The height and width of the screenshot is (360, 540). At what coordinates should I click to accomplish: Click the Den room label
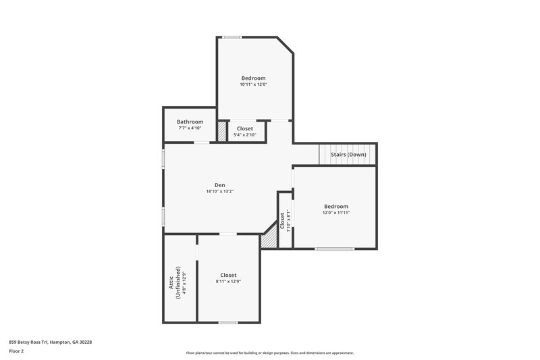(220, 184)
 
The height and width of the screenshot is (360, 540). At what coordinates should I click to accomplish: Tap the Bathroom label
(190, 122)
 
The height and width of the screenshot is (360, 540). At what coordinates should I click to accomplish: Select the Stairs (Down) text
(348, 155)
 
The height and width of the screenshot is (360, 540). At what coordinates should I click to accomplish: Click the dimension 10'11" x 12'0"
(253, 84)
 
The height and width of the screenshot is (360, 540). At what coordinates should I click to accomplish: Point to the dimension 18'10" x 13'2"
(220, 191)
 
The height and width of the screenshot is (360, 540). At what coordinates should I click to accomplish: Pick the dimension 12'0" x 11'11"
(335, 213)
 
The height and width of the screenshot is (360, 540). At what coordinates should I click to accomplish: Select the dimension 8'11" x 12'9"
(228, 281)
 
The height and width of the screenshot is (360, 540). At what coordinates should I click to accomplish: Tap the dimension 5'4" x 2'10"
(244, 134)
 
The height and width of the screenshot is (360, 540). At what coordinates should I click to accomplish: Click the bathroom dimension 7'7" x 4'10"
(190, 128)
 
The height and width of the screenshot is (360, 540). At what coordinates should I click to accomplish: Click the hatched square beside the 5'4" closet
(221, 130)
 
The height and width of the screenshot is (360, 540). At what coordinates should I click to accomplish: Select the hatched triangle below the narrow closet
(270, 238)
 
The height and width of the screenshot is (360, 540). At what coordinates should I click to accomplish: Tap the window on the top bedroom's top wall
(233, 37)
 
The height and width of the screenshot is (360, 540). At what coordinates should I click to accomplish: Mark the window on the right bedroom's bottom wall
(334, 249)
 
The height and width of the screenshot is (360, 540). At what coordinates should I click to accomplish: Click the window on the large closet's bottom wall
(228, 322)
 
